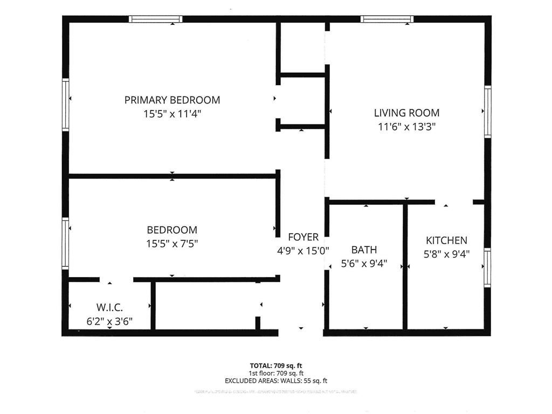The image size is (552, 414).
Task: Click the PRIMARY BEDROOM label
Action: [172, 100]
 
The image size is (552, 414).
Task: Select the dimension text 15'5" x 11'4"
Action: [172, 114]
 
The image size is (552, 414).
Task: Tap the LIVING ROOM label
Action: [406, 113]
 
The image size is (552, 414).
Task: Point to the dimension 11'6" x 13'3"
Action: [406, 127]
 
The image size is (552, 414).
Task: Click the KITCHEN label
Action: [446, 240]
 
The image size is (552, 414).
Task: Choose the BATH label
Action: [364, 250]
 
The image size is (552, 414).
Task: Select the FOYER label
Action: [303, 237]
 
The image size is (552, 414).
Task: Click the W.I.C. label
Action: [109, 307]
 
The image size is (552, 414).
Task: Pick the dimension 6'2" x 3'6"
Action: [109, 321]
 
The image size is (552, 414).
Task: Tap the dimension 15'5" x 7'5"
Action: [172, 244]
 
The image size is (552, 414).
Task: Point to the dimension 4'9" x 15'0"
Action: [302, 251]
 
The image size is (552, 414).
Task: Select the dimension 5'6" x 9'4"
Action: [364, 264]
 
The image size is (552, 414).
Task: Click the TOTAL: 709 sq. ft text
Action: [275, 365]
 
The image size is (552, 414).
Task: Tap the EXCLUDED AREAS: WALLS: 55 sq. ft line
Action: [275, 381]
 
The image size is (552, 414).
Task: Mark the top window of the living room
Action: [387, 19]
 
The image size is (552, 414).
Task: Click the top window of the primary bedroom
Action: [155, 19]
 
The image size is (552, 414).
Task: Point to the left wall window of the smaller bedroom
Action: [66, 243]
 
